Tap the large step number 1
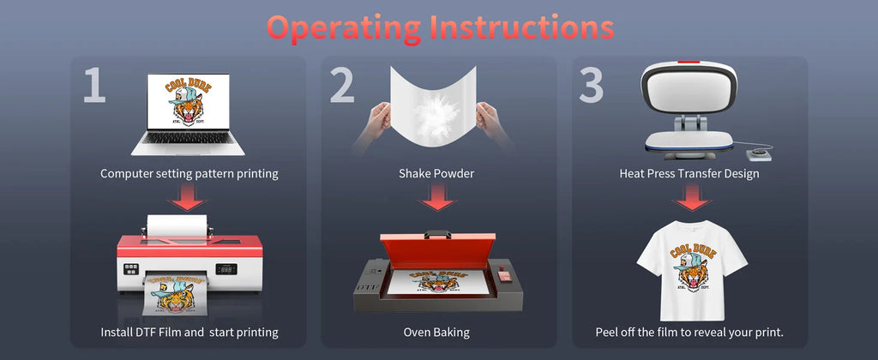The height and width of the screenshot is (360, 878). click(94, 85)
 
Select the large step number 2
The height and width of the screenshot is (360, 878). click(341, 85)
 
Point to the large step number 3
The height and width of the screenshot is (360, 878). click(591, 85)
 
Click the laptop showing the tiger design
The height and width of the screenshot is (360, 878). click(188, 114)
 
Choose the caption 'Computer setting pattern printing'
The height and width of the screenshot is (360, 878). click(189, 173)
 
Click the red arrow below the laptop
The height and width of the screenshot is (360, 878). click(188, 197)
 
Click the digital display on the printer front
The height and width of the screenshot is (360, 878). click(226, 269)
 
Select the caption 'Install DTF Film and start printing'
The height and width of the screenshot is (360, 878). click(189, 332)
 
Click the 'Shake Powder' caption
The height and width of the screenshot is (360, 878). click(436, 173)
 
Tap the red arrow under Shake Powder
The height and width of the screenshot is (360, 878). click(436, 197)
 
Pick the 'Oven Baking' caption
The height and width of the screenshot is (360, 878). click(436, 332)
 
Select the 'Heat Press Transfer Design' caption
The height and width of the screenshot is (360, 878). click(689, 173)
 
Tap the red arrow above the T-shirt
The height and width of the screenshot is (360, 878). click(692, 197)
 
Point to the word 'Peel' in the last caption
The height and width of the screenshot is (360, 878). click(607, 332)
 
